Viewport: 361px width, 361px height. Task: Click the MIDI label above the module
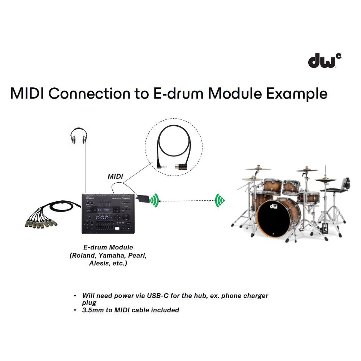[x=116, y=177]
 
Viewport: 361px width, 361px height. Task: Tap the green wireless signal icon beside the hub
[x=154, y=200]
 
